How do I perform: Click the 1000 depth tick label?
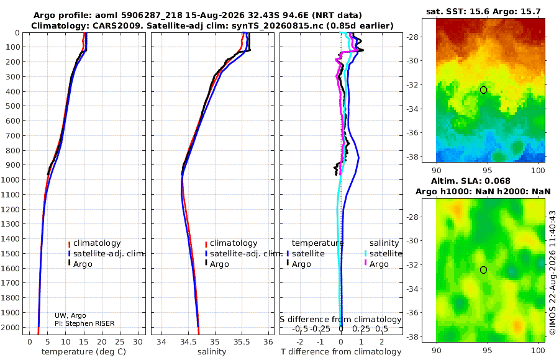[x=13, y=179]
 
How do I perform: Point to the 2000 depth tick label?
[x=13, y=327]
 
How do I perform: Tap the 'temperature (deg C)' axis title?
[x=84, y=352]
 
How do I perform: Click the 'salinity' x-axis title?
[x=212, y=352]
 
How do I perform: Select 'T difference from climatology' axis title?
[x=341, y=352]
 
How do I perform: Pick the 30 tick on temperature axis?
[x=138, y=342]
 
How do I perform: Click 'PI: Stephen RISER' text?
[x=84, y=323]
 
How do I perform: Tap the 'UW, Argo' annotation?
[x=70, y=315]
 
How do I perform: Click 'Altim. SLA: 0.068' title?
[x=471, y=181]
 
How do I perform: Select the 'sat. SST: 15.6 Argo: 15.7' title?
[x=483, y=11]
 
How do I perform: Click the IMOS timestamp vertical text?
[x=553, y=272]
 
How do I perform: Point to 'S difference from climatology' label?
[x=340, y=320]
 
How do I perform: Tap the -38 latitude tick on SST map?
[x=414, y=156]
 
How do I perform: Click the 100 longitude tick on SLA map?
[x=538, y=350]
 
